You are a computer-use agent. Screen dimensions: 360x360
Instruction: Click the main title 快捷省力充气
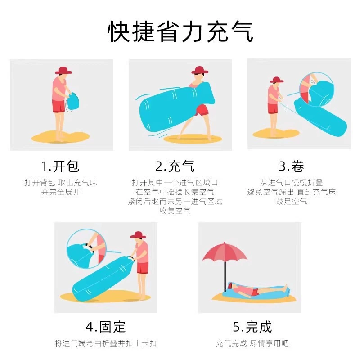[180, 31]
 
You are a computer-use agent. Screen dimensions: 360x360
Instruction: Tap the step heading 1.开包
[60, 166]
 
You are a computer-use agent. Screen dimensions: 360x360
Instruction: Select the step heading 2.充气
[175, 166]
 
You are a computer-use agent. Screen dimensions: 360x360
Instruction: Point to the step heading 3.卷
[292, 166]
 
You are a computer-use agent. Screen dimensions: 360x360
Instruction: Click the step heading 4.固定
[106, 327]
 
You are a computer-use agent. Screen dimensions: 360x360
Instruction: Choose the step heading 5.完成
[252, 327]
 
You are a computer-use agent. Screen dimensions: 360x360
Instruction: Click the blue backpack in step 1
[73, 102]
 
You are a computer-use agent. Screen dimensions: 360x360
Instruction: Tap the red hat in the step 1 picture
[63, 71]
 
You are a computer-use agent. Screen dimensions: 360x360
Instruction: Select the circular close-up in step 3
[317, 89]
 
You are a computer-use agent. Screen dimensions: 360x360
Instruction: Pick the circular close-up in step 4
[86, 248]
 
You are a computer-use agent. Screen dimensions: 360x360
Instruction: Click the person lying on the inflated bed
[257, 290]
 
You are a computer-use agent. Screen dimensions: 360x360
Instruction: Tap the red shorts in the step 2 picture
[201, 111]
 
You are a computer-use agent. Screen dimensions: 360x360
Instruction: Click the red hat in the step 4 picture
[138, 235]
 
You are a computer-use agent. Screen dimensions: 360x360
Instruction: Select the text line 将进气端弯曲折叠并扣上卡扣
[106, 343]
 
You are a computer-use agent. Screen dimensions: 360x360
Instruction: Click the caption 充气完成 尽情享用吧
[252, 343]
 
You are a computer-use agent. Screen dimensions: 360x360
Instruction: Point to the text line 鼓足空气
[292, 201]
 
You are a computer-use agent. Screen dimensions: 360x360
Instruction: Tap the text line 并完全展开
[61, 192]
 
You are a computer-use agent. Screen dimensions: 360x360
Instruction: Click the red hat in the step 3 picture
[277, 80]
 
